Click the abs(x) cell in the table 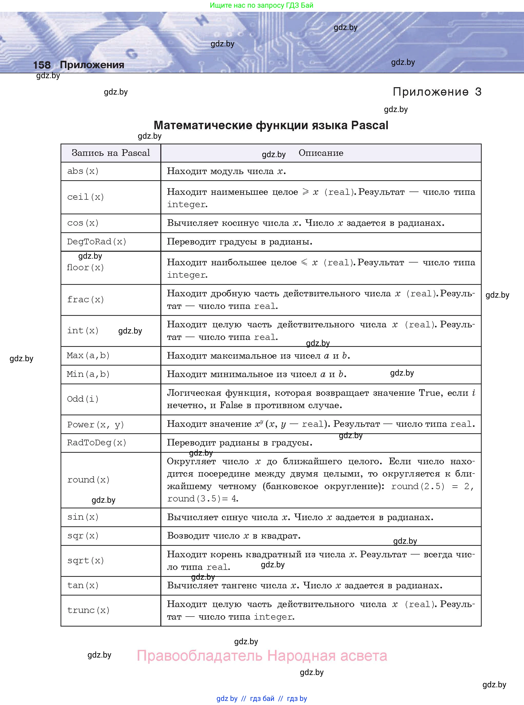point(83,171)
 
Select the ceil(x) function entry point(85,197)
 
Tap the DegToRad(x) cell point(97,242)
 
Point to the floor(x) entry point(85,268)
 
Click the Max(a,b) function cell point(88,355)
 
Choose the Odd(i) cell point(83,399)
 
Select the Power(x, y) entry point(95,425)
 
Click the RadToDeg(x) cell point(97,442)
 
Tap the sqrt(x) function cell point(85,560)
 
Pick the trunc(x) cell point(88,610)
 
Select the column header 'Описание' point(321,153)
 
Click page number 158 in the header point(42,65)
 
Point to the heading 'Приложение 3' point(437,92)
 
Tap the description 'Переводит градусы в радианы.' point(240,242)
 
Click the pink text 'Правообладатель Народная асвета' point(262,656)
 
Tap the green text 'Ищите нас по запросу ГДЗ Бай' point(261,5)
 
